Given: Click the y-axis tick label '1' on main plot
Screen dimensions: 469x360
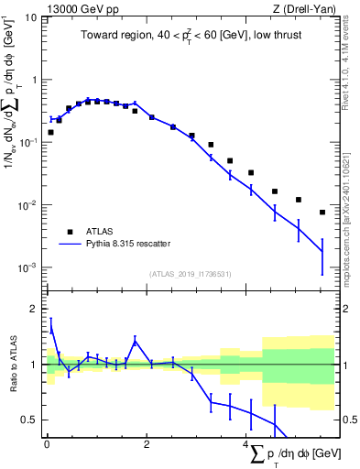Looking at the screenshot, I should [35, 80].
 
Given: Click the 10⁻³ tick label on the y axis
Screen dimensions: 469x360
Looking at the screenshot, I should [29, 267].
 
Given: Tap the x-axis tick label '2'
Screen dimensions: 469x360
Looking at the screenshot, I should [147, 444].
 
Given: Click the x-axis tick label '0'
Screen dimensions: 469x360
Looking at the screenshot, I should [47, 444].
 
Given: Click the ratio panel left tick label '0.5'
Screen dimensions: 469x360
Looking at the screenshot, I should [31, 420].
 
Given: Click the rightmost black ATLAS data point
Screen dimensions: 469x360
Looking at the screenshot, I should [322, 213].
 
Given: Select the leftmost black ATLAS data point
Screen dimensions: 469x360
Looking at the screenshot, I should [50, 132].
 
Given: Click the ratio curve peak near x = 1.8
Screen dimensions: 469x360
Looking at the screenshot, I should [135, 341].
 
